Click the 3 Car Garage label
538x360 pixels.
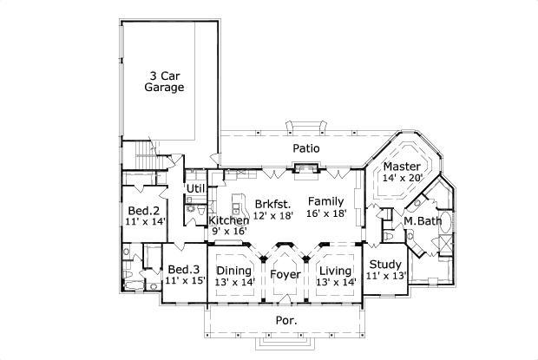(x=164, y=81)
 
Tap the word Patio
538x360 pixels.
(x=305, y=148)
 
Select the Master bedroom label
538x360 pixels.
(x=402, y=166)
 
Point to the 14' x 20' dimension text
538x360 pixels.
(x=402, y=178)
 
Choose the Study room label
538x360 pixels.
(x=385, y=265)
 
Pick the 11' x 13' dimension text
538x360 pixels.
(x=385, y=277)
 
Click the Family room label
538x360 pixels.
(x=326, y=201)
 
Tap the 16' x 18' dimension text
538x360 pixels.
(x=326, y=213)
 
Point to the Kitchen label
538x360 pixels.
(x=229, y=220)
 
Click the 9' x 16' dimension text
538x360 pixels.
(x=229, y=232)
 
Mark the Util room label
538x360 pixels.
(x=195, y=188)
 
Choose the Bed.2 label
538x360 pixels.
(x=144, y=211)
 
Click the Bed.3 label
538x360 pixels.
(x=184, y=269)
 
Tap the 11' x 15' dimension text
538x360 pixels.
(x=184, y=281)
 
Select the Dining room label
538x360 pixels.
(x=233, y=271)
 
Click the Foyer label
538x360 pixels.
(x=285, y=275)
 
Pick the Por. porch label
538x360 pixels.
(x=285, y=320)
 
